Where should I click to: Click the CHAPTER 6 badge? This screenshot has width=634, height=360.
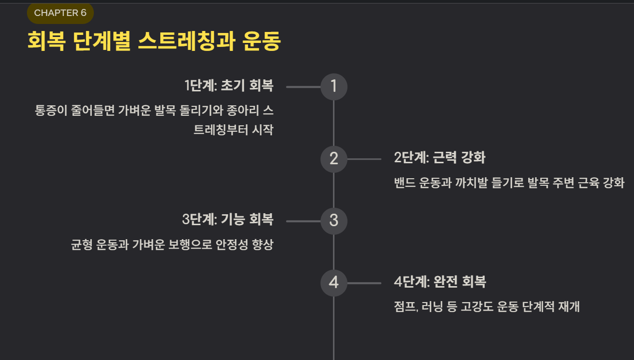pos(60,13)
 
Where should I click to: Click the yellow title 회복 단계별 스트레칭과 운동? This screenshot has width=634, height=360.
pos(154,41)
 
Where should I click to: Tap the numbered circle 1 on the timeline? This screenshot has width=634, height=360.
pos(333,87)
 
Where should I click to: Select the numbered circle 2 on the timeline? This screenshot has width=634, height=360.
pos(333,159)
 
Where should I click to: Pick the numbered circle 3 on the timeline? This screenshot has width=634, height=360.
pos(333,221)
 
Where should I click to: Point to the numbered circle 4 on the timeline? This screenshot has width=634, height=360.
pos(333,283)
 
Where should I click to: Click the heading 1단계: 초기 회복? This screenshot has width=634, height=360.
pos(229,86)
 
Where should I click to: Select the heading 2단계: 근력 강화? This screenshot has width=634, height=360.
pos(439,158)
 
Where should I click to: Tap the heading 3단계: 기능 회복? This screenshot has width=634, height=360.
pos(228,220)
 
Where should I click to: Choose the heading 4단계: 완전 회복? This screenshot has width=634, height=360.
pos(439,282)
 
